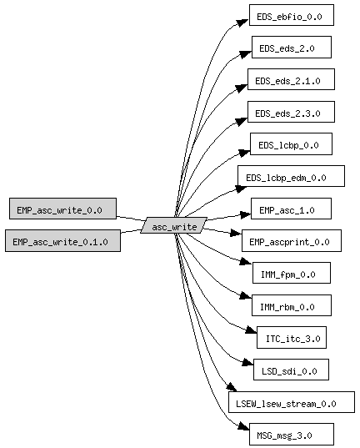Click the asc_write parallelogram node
pos(174,225)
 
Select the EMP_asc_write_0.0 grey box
pos(62,209)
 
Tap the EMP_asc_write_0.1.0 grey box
pos(62,240)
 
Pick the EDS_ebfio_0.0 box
pos(292,15)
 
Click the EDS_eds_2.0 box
pos(292,48)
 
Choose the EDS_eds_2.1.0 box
pos(291,79)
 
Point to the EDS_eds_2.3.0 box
pos(291,112)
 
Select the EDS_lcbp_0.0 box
pos(291,143)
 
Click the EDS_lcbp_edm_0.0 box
pos(291,176)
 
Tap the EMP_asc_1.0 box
pos(291,209)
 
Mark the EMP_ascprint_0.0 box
pos(292,240)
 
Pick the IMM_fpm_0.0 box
pos(292,273)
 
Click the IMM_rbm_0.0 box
pos(292,305)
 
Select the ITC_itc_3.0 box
pos(292,337)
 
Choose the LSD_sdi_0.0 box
pos(291,370)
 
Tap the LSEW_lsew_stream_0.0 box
pos(292,402)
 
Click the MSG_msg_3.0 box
pos(292,435)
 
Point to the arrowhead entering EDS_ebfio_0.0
pos(242,23)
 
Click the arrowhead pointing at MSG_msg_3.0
pos(243,425)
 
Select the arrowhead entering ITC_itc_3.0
pos(251,330)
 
